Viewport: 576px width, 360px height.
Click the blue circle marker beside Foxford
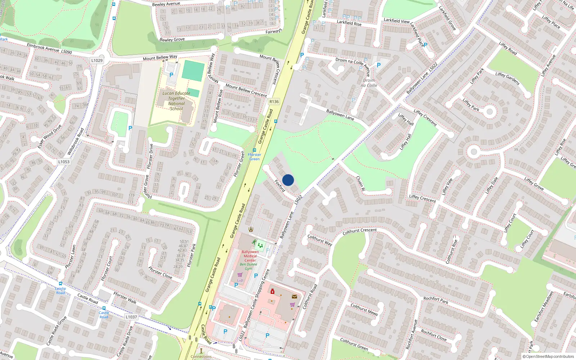click(288, 180)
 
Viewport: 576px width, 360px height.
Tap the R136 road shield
click(274, 102)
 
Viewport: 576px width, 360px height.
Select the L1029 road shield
click(97, 60)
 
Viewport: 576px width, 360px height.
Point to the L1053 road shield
click(64, 162)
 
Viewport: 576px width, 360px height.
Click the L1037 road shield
click(131, 317)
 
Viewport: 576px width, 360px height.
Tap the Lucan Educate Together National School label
click(176, 101)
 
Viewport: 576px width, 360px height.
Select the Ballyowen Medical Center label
click(250, 256)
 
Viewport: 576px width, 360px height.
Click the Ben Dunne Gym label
click(248, 266)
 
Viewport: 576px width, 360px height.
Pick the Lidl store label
click(240, 280)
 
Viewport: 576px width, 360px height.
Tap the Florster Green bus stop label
click(255, 157)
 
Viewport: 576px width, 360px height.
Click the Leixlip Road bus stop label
click(60, 291)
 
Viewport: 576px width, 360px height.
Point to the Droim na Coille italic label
click(369, 83)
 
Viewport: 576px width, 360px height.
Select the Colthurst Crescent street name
click(360, 231)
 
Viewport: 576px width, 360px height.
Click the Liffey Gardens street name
click(507, 78)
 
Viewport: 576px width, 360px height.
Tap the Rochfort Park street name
click(436, 300)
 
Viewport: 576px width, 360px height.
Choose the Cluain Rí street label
click(360, 183)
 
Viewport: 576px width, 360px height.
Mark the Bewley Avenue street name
click(166, 4)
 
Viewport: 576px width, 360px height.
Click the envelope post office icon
click(294, 297)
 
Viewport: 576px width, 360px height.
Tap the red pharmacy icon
click(273, 291)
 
